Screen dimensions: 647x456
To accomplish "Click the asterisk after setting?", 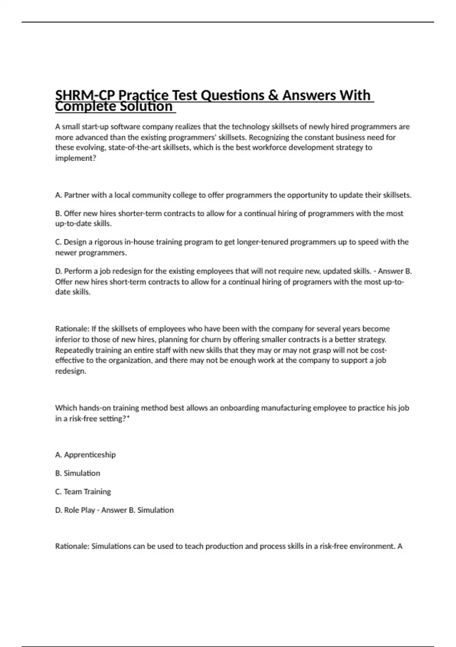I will [128, 418].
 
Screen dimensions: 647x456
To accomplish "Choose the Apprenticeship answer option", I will [90, 455].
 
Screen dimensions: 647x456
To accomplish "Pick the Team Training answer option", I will [87, 492].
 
